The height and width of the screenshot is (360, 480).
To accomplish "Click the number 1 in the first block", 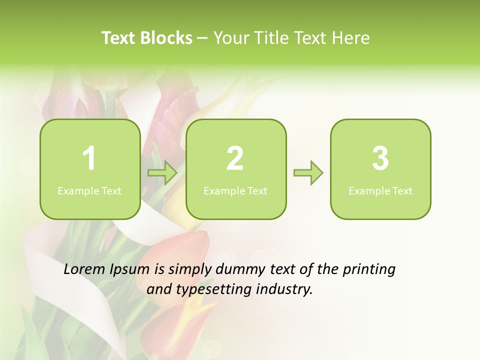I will [89, 158].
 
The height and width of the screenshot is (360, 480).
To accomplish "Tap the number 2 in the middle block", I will [235, 158].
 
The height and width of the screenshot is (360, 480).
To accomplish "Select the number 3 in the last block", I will [380, 158].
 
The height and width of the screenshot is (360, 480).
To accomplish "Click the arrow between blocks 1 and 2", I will [162, 173].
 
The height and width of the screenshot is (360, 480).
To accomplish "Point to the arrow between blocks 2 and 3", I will [308, 173].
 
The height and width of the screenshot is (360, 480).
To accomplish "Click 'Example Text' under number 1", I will [89, 191].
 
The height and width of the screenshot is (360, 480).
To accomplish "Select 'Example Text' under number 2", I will [235, 191].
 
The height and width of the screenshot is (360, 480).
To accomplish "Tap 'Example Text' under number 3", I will [380, 191].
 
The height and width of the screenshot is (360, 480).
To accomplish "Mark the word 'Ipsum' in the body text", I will [129, 270].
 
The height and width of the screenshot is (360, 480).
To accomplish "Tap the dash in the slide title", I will [202, 38].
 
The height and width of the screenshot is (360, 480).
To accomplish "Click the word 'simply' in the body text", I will [191, 270].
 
